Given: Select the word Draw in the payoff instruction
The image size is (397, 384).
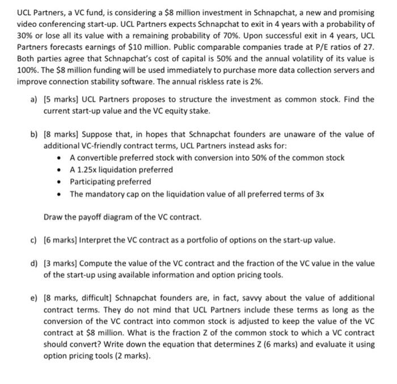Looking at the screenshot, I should (x=54, y=217).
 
